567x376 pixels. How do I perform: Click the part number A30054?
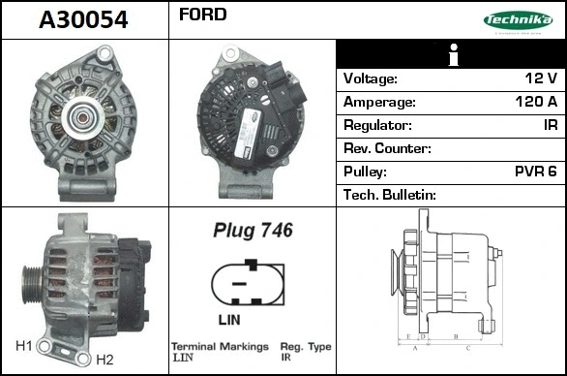click(x=82, y=19)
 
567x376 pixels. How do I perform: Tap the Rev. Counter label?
click(x=387, y=148)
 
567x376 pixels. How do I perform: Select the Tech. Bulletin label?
click(x=390, y=195)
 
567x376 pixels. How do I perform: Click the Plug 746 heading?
click(x=253, y=231)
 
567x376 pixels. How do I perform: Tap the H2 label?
click(x=104, y=360)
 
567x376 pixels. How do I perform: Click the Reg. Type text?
click(x=306, y=346)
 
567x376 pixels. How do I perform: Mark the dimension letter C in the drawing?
click(x=468, y=346)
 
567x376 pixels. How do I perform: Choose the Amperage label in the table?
click(x=380, y=102)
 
